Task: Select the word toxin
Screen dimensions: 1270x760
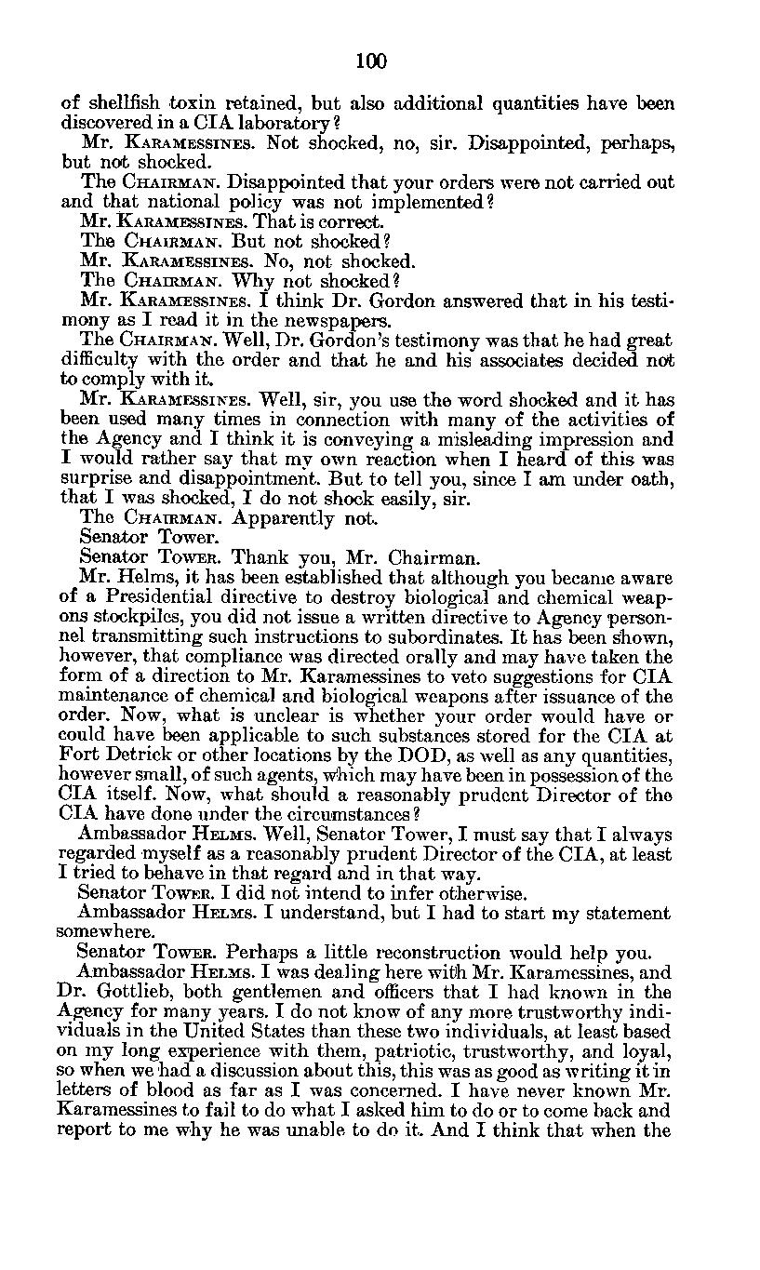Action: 195,103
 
